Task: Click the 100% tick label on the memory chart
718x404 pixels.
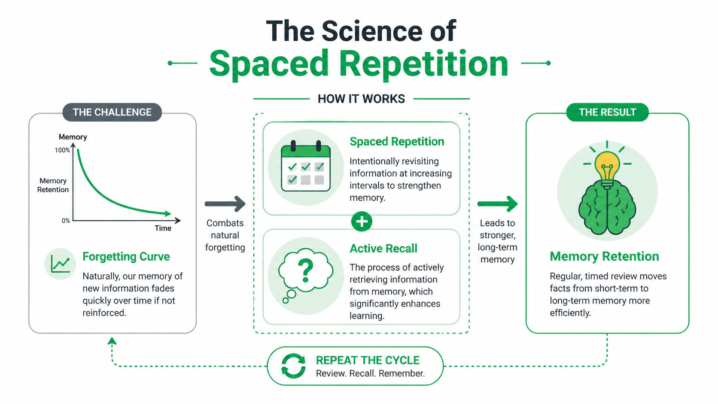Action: (62, 150)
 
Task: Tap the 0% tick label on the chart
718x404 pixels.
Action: (66, 221)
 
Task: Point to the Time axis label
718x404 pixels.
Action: (163, 228)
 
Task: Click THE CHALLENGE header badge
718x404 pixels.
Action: (112, 112)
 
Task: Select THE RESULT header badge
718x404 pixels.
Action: (607, 112)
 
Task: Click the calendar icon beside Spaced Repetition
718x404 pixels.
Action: (306, 167)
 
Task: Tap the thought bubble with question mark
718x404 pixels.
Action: (305, 270)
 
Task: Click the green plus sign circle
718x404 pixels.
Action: (362, 222)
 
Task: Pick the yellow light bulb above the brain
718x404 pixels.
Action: (607, 167)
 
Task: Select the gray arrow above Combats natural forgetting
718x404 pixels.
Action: (225, 204)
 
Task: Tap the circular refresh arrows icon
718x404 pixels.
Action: (293, 366)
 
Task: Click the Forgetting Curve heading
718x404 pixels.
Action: (126, 256)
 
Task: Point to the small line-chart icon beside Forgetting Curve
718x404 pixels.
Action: (60, 264)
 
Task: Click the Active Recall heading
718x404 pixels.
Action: (383, 249)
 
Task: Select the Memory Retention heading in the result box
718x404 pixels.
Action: (604, 256)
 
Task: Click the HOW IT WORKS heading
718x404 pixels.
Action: (361, 99)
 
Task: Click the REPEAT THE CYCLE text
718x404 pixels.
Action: (368, 360)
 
